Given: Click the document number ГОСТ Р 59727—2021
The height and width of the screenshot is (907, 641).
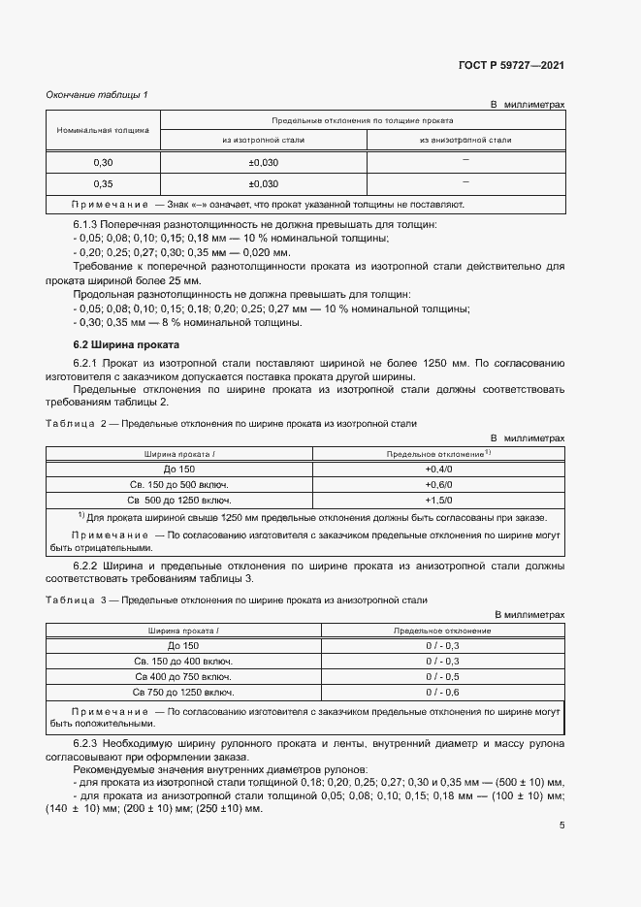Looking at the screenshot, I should (x=510, y=66).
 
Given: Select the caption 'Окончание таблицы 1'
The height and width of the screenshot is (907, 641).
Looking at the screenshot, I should (x=97, y=94).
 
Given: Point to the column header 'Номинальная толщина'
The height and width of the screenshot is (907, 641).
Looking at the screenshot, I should (x=102, y=129).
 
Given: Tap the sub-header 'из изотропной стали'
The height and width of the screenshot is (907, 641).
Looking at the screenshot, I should (x=263, y=140).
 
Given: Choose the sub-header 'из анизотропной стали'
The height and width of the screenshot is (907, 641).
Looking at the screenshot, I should (x=465, y=140).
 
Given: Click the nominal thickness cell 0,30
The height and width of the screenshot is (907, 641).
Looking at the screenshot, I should (x=103, y=162).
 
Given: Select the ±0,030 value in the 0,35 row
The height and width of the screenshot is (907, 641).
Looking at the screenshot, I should (x=263, y=183).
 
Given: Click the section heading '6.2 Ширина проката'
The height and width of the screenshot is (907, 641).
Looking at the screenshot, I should (x=112, y=345).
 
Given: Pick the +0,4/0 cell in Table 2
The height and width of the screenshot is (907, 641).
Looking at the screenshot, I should (x=439, y=469).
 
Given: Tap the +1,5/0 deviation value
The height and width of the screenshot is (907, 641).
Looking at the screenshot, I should (x=439, y=500).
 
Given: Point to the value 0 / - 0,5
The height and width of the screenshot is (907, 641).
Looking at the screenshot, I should (x=442, y=676).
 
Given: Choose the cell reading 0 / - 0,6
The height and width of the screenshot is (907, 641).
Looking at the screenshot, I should (x=442, y=692).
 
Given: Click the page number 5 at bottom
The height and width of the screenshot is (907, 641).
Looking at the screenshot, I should (x=561, y=826).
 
